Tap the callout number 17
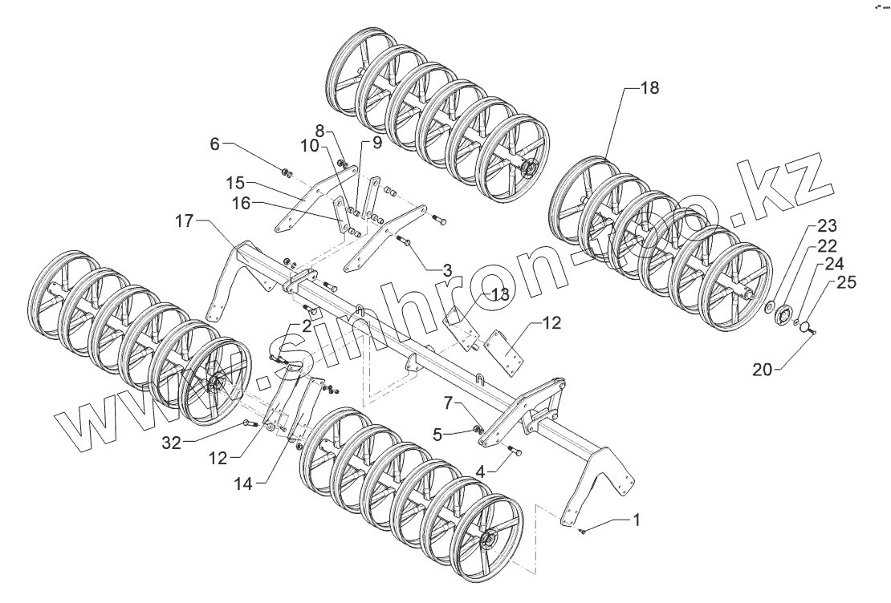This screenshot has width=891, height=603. click(x=184, y=221)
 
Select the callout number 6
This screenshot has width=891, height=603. click(x=214, y=144)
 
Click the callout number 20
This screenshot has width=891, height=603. click(x=763, y=370)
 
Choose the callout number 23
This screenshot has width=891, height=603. click(x=827, y=225)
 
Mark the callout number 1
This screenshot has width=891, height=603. click(x=637, y=520)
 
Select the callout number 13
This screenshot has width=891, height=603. click(x=500, y=294)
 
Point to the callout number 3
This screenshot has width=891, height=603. click(x=447, y=268)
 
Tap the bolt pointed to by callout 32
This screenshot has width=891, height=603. click(x=248, y=423)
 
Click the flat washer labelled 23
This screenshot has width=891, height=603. click(x=768, y=307)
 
